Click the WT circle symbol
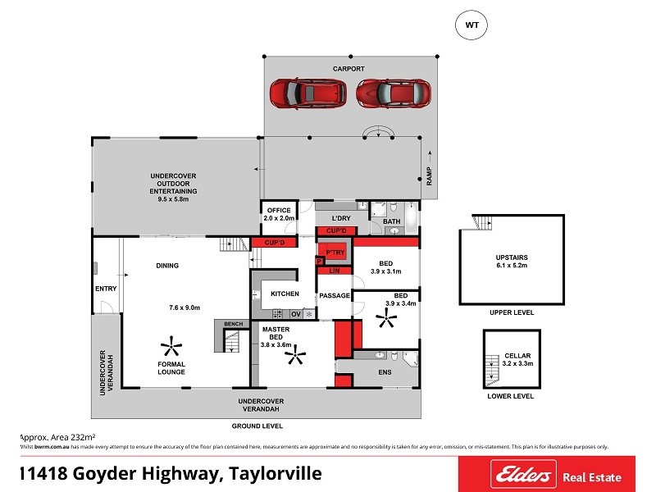click(x=471, y=25)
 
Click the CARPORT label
click(x=348, y=69)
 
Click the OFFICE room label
click(x=279, y=211)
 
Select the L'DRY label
click(x=340, y=218)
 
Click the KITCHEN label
click(x=285, y=294)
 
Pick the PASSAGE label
click(x=335, y=295)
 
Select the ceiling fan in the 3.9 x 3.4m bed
click(x=385, y=318)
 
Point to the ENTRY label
click(x=105, y=288)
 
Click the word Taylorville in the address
click(x=271, y=473)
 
